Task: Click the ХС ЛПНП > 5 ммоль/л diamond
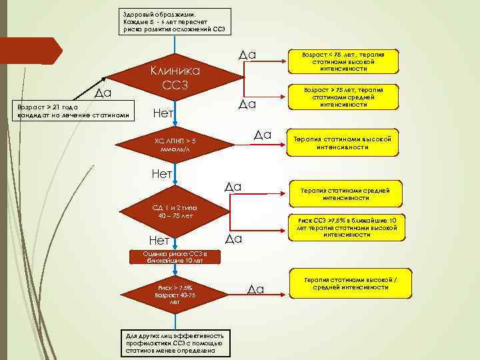click(x=175, y=145)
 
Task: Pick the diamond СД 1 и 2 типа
click(x=175, y=212)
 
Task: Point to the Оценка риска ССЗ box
click(x=175, y=257)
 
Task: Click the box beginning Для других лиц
click(x=176, y=342)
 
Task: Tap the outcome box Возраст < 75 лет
click(x=343, y=60)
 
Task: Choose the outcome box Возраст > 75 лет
click(x=343, y=97)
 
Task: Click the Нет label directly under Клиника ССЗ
click(x=164, y=113)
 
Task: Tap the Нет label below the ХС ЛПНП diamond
click(x=163, y=175)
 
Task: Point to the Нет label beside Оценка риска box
click(x=157, y=240)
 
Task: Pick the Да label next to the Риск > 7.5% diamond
click(x=256, y=289)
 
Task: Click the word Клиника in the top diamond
click(x=175, y=71)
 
